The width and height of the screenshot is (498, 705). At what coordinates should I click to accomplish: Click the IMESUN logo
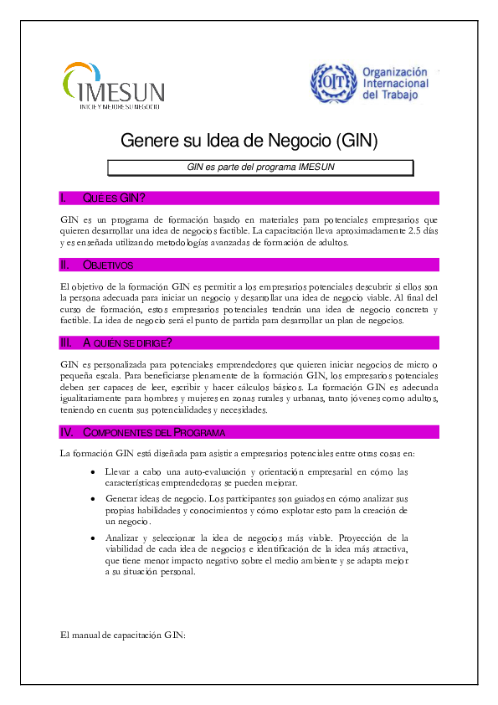[x=114, y=85]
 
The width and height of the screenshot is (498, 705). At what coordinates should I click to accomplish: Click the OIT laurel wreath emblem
[x=333, y=83]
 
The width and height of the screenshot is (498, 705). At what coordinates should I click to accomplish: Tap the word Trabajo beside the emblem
[x=400, y=95]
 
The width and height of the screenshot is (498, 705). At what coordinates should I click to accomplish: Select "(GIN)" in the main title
[x=357, y=141]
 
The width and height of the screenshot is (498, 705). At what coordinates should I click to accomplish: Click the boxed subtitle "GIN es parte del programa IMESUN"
[x=260, y=167]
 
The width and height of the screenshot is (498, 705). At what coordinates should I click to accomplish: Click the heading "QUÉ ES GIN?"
[x=114, y=198]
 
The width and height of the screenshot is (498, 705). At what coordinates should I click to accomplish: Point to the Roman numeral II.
[x=64, y=265]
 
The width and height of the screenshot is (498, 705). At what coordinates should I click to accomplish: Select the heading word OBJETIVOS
[x=108, y=265]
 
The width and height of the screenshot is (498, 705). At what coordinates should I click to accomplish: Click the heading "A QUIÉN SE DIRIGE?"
[x=127, y=343]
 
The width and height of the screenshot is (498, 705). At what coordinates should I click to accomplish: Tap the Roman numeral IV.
[x=66, y=433]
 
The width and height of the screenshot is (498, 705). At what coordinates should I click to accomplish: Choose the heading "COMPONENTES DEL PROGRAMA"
[x=154, y=433]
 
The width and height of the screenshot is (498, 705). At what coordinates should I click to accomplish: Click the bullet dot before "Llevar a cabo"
[x=93, y=472]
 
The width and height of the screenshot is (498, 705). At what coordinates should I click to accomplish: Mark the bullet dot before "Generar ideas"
[x=93, y=499]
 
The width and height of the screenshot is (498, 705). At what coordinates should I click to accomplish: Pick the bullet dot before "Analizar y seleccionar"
[x=93, y=538]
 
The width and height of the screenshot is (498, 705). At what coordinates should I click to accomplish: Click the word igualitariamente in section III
[x=90, y=399]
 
